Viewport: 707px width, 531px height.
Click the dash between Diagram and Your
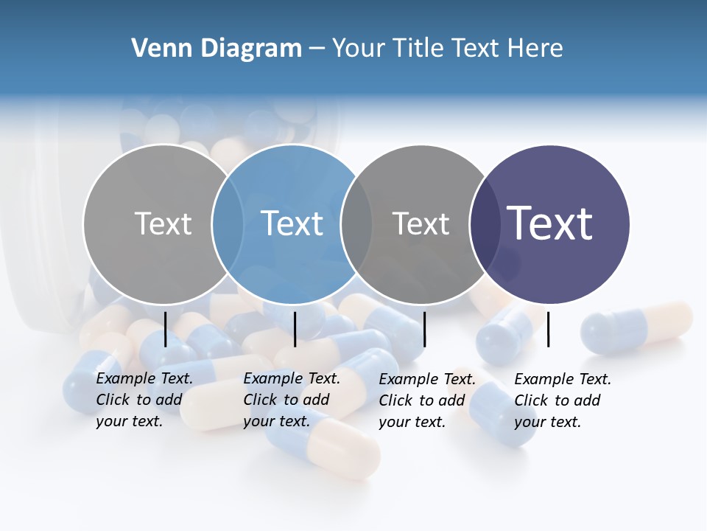click(x=317, y=49)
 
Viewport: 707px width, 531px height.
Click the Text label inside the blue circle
click(x=292, y=223)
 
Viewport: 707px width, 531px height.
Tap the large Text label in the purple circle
click(x=550, y=223)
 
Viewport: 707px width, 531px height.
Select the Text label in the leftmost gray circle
click(x=163, y=223)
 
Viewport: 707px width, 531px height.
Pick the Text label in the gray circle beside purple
click(x=421, y=223)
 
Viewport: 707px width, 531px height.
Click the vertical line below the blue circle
click(x=295, y=329)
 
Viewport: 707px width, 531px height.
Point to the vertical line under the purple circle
click(x=549, y=329)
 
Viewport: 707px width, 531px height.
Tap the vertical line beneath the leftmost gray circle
click(x=166, y=329)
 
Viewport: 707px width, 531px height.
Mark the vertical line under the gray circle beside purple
click(x=424, y=329)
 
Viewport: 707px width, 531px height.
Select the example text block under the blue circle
click(x=292, y=400)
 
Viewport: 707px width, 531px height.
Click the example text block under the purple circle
click(x=563, y=400)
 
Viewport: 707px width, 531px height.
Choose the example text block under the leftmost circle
click(x=144, y=400)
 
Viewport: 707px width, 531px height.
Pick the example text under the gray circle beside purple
click(x=427, y=400)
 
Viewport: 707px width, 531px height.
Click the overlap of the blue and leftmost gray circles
click(x=228, y=223)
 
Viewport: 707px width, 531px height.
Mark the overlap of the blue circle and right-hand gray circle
click(x=356, y=223)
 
